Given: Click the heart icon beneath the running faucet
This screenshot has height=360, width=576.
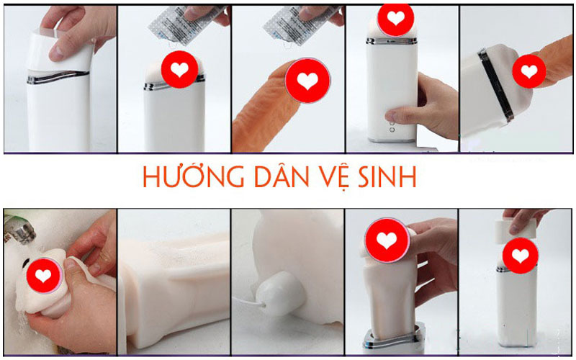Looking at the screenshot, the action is tap(43, 275).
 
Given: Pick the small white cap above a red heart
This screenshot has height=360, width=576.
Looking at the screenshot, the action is tap(511, 230).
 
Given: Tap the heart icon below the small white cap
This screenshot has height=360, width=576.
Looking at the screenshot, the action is tap(520, 256).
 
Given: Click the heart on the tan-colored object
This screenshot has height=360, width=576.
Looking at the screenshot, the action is tap(307, 81).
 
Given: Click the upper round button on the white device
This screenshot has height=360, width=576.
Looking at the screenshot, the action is tap(392, 123).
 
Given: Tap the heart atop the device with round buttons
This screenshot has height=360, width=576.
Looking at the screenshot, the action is tap(395, 18).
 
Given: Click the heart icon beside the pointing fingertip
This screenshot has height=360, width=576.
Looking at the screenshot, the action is tap(529, 71).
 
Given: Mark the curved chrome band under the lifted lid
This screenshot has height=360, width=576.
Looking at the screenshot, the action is tap(58, 77).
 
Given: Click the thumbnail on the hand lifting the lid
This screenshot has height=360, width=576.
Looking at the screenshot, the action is tap(56, 52).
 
